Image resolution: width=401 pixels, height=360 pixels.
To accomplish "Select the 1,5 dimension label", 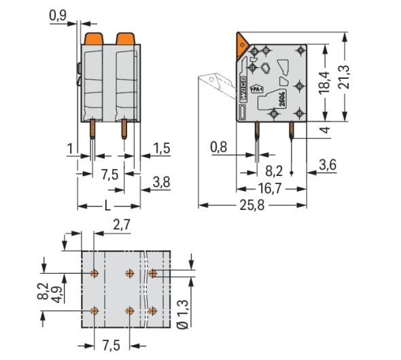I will (162, 148).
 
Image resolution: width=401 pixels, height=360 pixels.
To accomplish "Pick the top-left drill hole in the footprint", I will (94, 274).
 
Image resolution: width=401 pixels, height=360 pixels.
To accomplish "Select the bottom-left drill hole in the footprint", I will (94, 310).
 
